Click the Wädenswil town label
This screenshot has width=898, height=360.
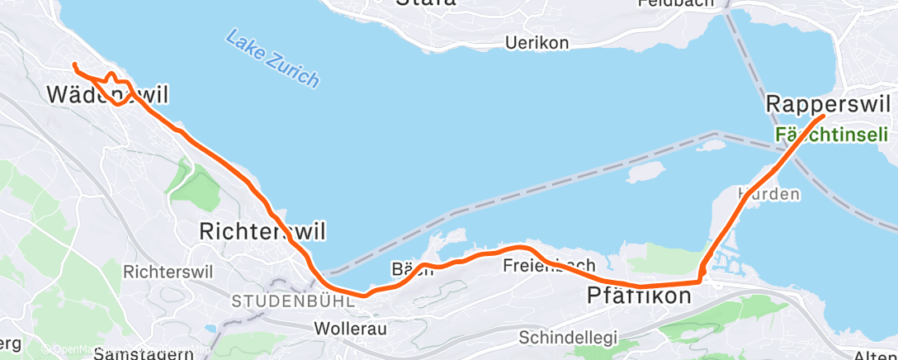107,94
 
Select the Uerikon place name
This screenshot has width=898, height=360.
537,44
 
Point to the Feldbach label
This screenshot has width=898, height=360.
675,4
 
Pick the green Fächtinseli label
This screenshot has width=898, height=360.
831,134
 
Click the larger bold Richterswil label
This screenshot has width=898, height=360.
258,232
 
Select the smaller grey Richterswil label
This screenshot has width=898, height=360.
168,271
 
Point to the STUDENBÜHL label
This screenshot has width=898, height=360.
293,301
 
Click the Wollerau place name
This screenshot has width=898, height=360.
351,329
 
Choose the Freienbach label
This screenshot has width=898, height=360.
549,266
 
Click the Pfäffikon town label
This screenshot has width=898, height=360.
639,295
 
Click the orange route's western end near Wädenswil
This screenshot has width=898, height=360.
74,64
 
